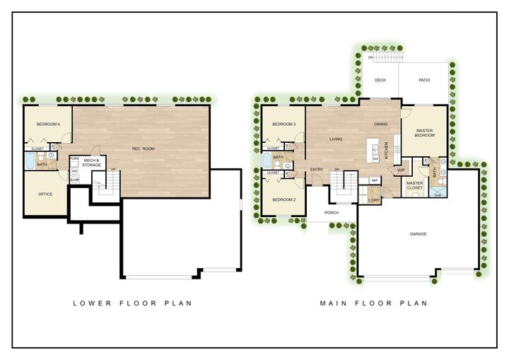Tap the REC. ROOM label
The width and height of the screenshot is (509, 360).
[143, 149]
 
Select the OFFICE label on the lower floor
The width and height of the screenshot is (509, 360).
[46, 194]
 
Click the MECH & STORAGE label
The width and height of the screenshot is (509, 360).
[92, 163]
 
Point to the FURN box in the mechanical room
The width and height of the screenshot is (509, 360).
[74, 159]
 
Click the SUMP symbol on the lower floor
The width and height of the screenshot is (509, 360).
[74, 180]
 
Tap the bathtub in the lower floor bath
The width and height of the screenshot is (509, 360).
[28, 163]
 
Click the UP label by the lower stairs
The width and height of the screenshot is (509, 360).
[113, 169]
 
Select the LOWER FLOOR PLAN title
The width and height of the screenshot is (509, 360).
[133, 303]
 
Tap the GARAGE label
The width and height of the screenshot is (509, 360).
[418, 234]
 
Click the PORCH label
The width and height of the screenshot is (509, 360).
[331, 212]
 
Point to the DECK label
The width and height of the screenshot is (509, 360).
[380, 80]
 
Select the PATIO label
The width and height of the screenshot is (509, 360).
[424, 80]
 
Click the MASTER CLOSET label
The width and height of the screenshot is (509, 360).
[414, 186]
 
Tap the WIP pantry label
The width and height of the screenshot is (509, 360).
[401, 170]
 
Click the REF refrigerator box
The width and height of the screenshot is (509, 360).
[375, 180]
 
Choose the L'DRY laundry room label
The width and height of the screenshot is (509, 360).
[374, 200]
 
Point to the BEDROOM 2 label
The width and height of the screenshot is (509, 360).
[283, 200]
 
